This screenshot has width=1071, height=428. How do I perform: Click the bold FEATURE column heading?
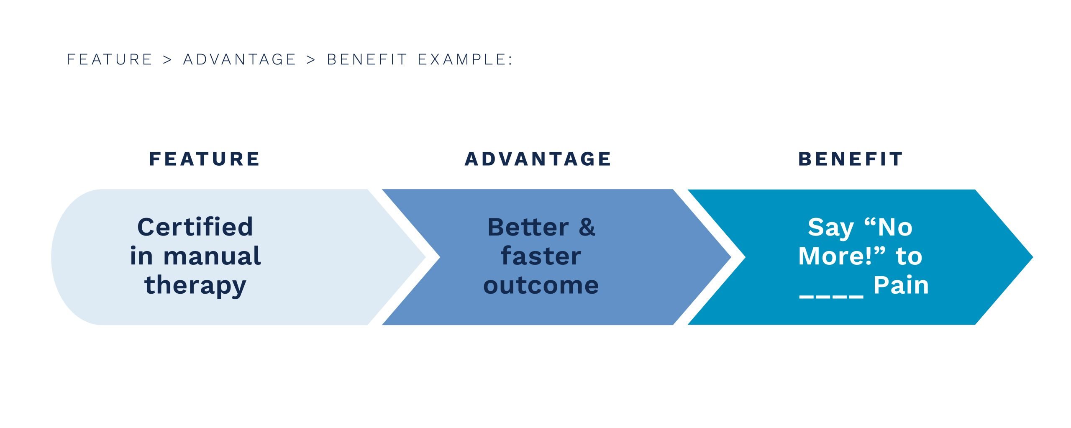(204, 159)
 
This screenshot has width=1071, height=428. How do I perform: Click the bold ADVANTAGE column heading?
(538, 159)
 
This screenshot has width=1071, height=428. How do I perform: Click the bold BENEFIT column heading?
(850, 159)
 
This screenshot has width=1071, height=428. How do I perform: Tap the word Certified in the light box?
(195, 227)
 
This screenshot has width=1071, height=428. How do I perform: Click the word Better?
(528, 227)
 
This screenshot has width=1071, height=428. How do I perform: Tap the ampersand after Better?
(587, 227)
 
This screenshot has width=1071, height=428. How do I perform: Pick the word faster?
(541, 256)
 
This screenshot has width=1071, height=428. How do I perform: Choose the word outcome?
(541, 285)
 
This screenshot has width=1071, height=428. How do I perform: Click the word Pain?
(901, 285)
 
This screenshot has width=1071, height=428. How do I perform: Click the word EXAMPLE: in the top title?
(465, 59)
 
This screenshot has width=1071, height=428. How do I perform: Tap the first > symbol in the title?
(167, 60)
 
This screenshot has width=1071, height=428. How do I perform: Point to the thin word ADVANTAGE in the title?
(240, 59)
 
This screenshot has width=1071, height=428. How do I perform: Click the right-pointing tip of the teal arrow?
(1033, 257)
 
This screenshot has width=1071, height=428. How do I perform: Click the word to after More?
(909, 256)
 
